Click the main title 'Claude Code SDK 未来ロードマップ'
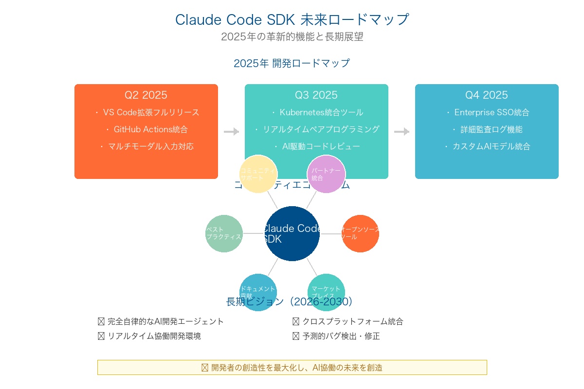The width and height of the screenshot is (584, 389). click(x=292, y=19)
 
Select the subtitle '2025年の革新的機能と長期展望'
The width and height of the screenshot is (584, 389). click(x=292, y=37)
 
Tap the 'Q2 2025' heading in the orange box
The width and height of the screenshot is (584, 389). click(x=146, y=95)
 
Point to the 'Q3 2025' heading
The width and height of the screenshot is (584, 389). click(x=316, y=95)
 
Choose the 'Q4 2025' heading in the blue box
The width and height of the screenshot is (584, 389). click(x=487, y=95)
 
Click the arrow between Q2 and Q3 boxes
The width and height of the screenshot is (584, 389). click(x=231, y=131)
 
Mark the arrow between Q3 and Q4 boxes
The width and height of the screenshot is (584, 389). click(x=401, y=131)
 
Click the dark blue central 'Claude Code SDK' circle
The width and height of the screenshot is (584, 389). click(x=292, y=234)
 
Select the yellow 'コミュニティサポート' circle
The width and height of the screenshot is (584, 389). click(x=258, y=174)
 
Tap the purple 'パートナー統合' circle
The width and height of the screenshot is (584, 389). click(x=326, y=174)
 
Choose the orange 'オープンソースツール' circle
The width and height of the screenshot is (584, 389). click(x=360, y=234)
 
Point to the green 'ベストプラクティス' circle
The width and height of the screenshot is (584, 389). click(x=224, y=234)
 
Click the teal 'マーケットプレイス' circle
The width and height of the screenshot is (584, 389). click(x=326, y=292)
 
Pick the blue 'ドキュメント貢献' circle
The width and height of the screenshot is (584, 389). click(x=258, y=292)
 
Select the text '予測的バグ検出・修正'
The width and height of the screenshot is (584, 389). click(x=341, y=336)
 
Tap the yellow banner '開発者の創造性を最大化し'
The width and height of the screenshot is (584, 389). click(x=292, y=368)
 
